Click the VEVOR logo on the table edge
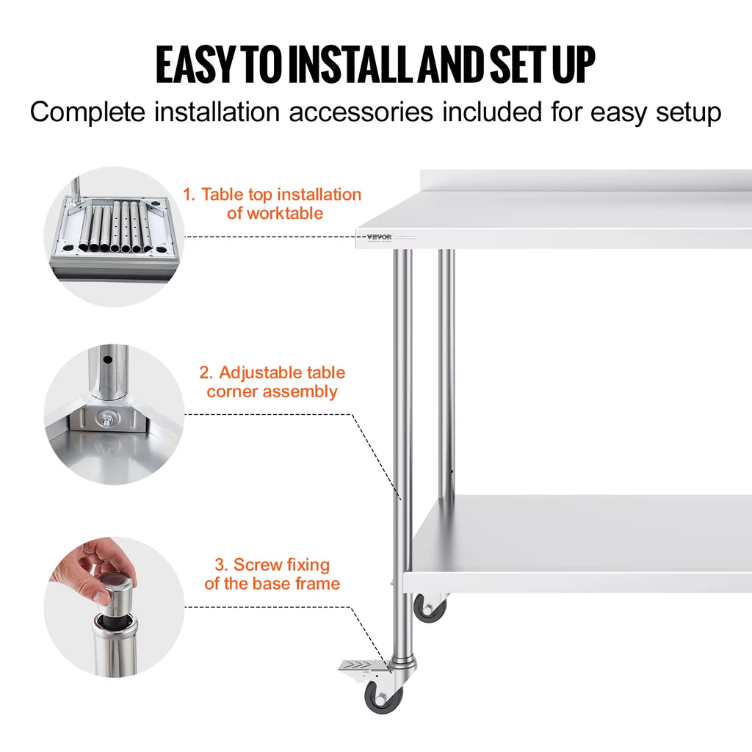(x=378, y=236)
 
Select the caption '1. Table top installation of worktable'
(x=272, y=204)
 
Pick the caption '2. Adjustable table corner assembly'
(x=272, y=382)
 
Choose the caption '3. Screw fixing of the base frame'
(x=272, y=574)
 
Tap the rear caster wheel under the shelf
(x=429, y=608)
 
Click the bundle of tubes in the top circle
(x=115, y=226)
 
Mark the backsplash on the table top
(x=587, y=181)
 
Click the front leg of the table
(x=402, y=441)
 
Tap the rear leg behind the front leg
(x=446, y=367)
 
